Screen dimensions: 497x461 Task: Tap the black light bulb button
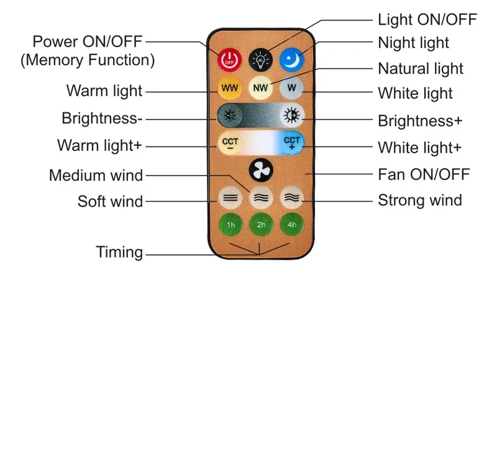click(260, 60)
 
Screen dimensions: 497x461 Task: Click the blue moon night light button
click(291, 60)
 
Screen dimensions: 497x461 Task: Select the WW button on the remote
click(230, 87)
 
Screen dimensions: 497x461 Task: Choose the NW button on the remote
click(260, 87)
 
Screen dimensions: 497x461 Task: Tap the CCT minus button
click(230, 143)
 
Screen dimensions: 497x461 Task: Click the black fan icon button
click(261, 170)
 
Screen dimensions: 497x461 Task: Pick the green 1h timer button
click(230, 225)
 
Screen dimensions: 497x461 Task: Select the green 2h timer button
click(261, 225)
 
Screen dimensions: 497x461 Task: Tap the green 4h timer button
click(292, 225)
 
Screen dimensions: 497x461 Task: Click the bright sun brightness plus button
click(292, 115)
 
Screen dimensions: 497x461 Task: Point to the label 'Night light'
click(413, 43)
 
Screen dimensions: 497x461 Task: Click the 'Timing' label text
click(119, 253)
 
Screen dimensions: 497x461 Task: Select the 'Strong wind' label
click(420, 200)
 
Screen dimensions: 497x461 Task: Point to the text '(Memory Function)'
click(88, 60)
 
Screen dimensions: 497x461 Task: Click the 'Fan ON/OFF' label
click(424, 174)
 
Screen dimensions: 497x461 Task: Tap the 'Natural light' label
click(421, 69)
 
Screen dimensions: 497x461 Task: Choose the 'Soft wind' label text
click(111, 202)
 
